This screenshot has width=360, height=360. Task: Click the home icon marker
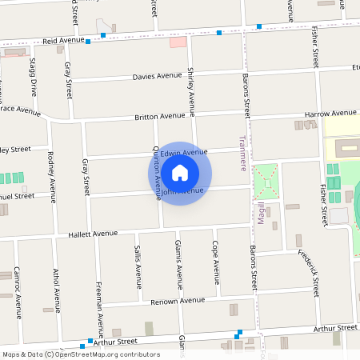(x=180, y=173)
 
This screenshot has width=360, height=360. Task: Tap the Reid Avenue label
(x=63, y=39)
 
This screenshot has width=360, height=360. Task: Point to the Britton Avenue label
(x=159, y=116)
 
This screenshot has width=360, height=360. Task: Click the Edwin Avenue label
(x=184, y=152)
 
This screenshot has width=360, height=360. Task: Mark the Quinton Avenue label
(x=158, y=173)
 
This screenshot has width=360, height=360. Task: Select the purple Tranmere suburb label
(x=242, y=153)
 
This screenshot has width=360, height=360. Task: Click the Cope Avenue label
(x=215, y=262)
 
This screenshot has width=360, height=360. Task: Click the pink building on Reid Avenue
(x=178, y=42)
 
